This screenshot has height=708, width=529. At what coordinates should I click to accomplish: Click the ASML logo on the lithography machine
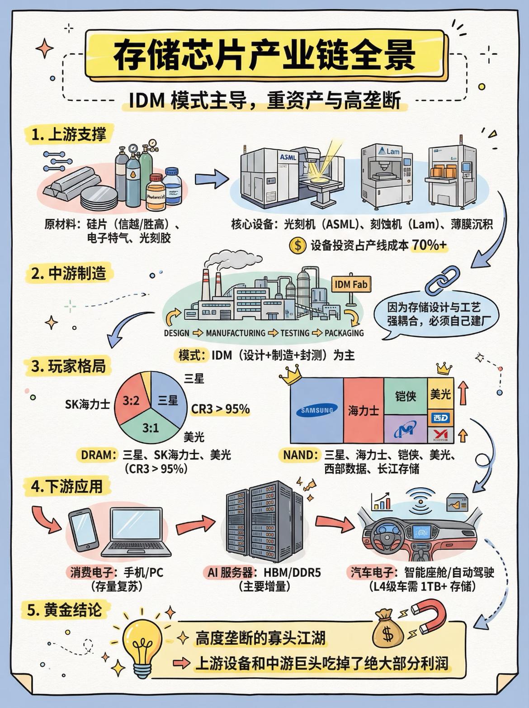288,157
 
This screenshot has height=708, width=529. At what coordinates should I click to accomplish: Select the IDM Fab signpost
351,285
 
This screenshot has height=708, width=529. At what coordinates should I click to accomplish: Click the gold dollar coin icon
297,246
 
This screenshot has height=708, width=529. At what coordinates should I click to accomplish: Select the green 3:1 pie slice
150,427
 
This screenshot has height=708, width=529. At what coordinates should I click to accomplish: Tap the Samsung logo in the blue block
316,411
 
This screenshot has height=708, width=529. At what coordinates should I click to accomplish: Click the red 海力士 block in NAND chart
363,411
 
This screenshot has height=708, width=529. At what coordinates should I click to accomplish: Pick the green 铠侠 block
405,396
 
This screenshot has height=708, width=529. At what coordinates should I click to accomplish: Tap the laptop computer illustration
137,534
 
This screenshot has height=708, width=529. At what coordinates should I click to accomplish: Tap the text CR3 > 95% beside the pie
220,409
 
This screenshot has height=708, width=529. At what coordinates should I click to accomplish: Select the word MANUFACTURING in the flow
236,333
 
